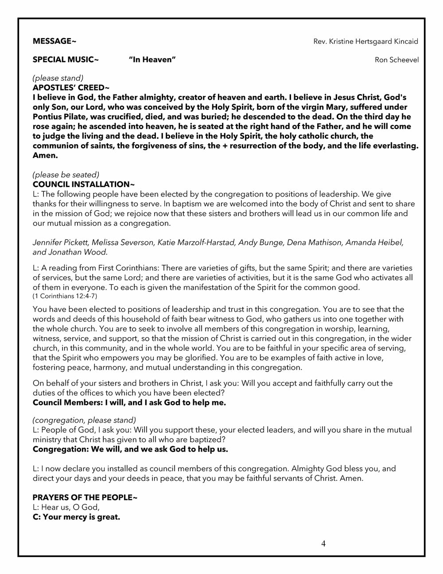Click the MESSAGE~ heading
pos(54,41)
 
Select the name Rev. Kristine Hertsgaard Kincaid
pos(365,41)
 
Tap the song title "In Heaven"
pos(152,59)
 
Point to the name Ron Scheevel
pos(396,60)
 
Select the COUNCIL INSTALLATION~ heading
pos(83,184)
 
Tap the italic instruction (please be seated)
pos(66,175)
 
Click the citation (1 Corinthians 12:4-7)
pos(65,296)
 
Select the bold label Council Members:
pos(67,403)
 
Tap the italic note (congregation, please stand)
pos(84,420)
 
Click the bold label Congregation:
pos(61,449)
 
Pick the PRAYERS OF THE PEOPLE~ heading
pos(85,497)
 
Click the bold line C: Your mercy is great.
pos(76,517)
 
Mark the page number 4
pos(323,544)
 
